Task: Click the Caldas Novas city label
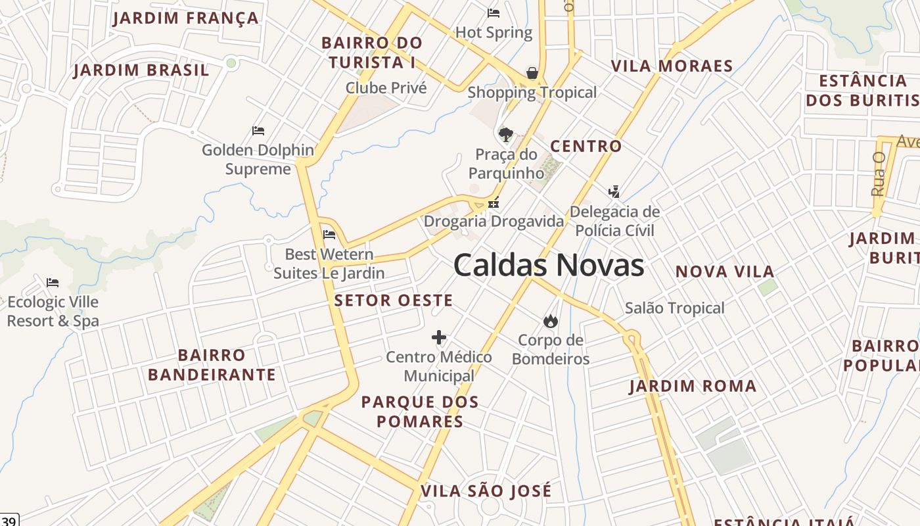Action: click(549, 265)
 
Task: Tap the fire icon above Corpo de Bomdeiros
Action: click(550, 321)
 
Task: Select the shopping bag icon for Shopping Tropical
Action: click(532, 72)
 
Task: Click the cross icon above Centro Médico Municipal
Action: click(439, 338)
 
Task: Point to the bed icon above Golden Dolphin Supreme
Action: click(258, 131)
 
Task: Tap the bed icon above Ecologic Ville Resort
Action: click(53, 283)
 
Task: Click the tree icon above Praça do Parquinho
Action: click(505, 135)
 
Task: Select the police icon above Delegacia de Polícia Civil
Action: click(614, 192)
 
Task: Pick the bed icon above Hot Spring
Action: click(494, 13)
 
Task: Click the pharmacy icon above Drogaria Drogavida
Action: click(494, 203)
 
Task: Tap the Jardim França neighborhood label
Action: click(185, 18)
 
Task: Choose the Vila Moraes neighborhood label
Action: click(672, 66)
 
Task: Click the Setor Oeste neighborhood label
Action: click(394, 300)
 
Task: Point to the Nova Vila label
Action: click(725, 272)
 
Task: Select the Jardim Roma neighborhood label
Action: click(693, 386)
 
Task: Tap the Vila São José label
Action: click(486, 491)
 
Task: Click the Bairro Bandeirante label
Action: click(212, 365)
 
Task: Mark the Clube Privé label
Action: click(386, 87)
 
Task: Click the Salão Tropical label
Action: click(674, 308)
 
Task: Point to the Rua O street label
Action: click(878, 174)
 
